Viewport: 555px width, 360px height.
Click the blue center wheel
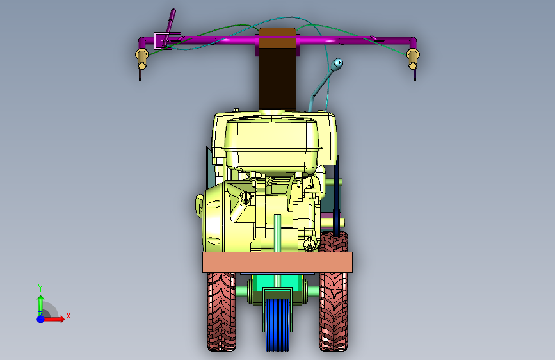click(278, 325)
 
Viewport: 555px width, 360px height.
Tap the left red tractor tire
click(221, 311)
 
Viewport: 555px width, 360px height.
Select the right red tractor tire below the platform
click(334, 311)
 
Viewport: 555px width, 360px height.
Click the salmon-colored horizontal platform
click(278, 262)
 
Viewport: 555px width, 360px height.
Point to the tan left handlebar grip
click(141, 58)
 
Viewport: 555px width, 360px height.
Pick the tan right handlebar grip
click(413, 58)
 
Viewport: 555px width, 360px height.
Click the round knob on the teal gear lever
click(338, 63)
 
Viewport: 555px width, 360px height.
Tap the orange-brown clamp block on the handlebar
click(278, 38)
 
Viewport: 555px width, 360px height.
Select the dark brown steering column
click(278, 79)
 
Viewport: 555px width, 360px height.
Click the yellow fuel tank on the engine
click(273, 144)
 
